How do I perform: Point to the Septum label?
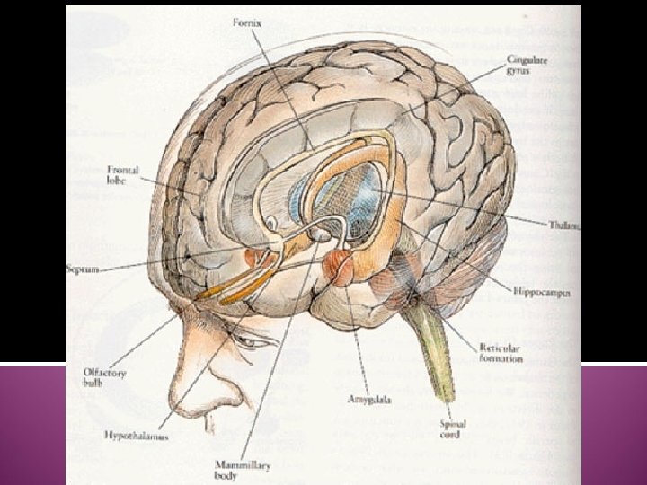tap(83, 269)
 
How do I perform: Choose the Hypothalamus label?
tap(137, 436)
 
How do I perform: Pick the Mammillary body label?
tap(236, 470)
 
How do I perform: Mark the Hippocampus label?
tap(544, 291)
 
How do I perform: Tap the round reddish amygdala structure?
tap(341, 266)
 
